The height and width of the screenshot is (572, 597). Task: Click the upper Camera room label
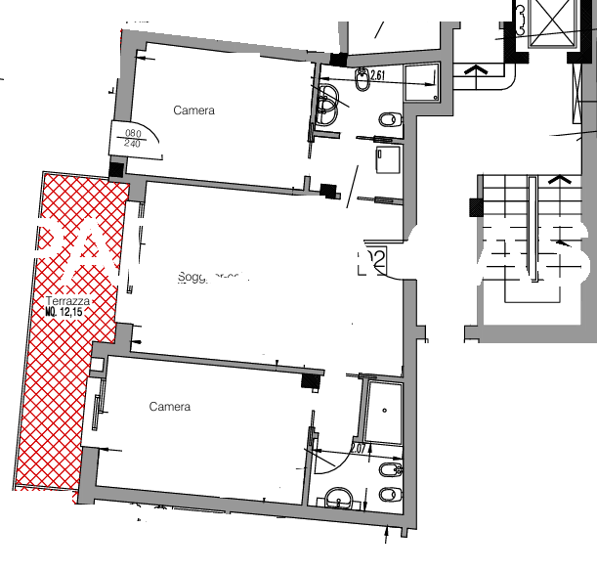tap(193, 110)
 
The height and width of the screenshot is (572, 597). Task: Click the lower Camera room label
tap(169, 407)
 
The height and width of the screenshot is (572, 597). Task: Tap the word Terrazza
tap(74, 302)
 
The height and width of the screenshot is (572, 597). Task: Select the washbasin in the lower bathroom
tap(337, 498)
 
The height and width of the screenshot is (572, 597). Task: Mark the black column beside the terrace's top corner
tap(116, 169)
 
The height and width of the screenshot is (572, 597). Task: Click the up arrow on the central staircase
tap(560, 180)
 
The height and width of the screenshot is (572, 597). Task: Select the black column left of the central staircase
tap(476, 207)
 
